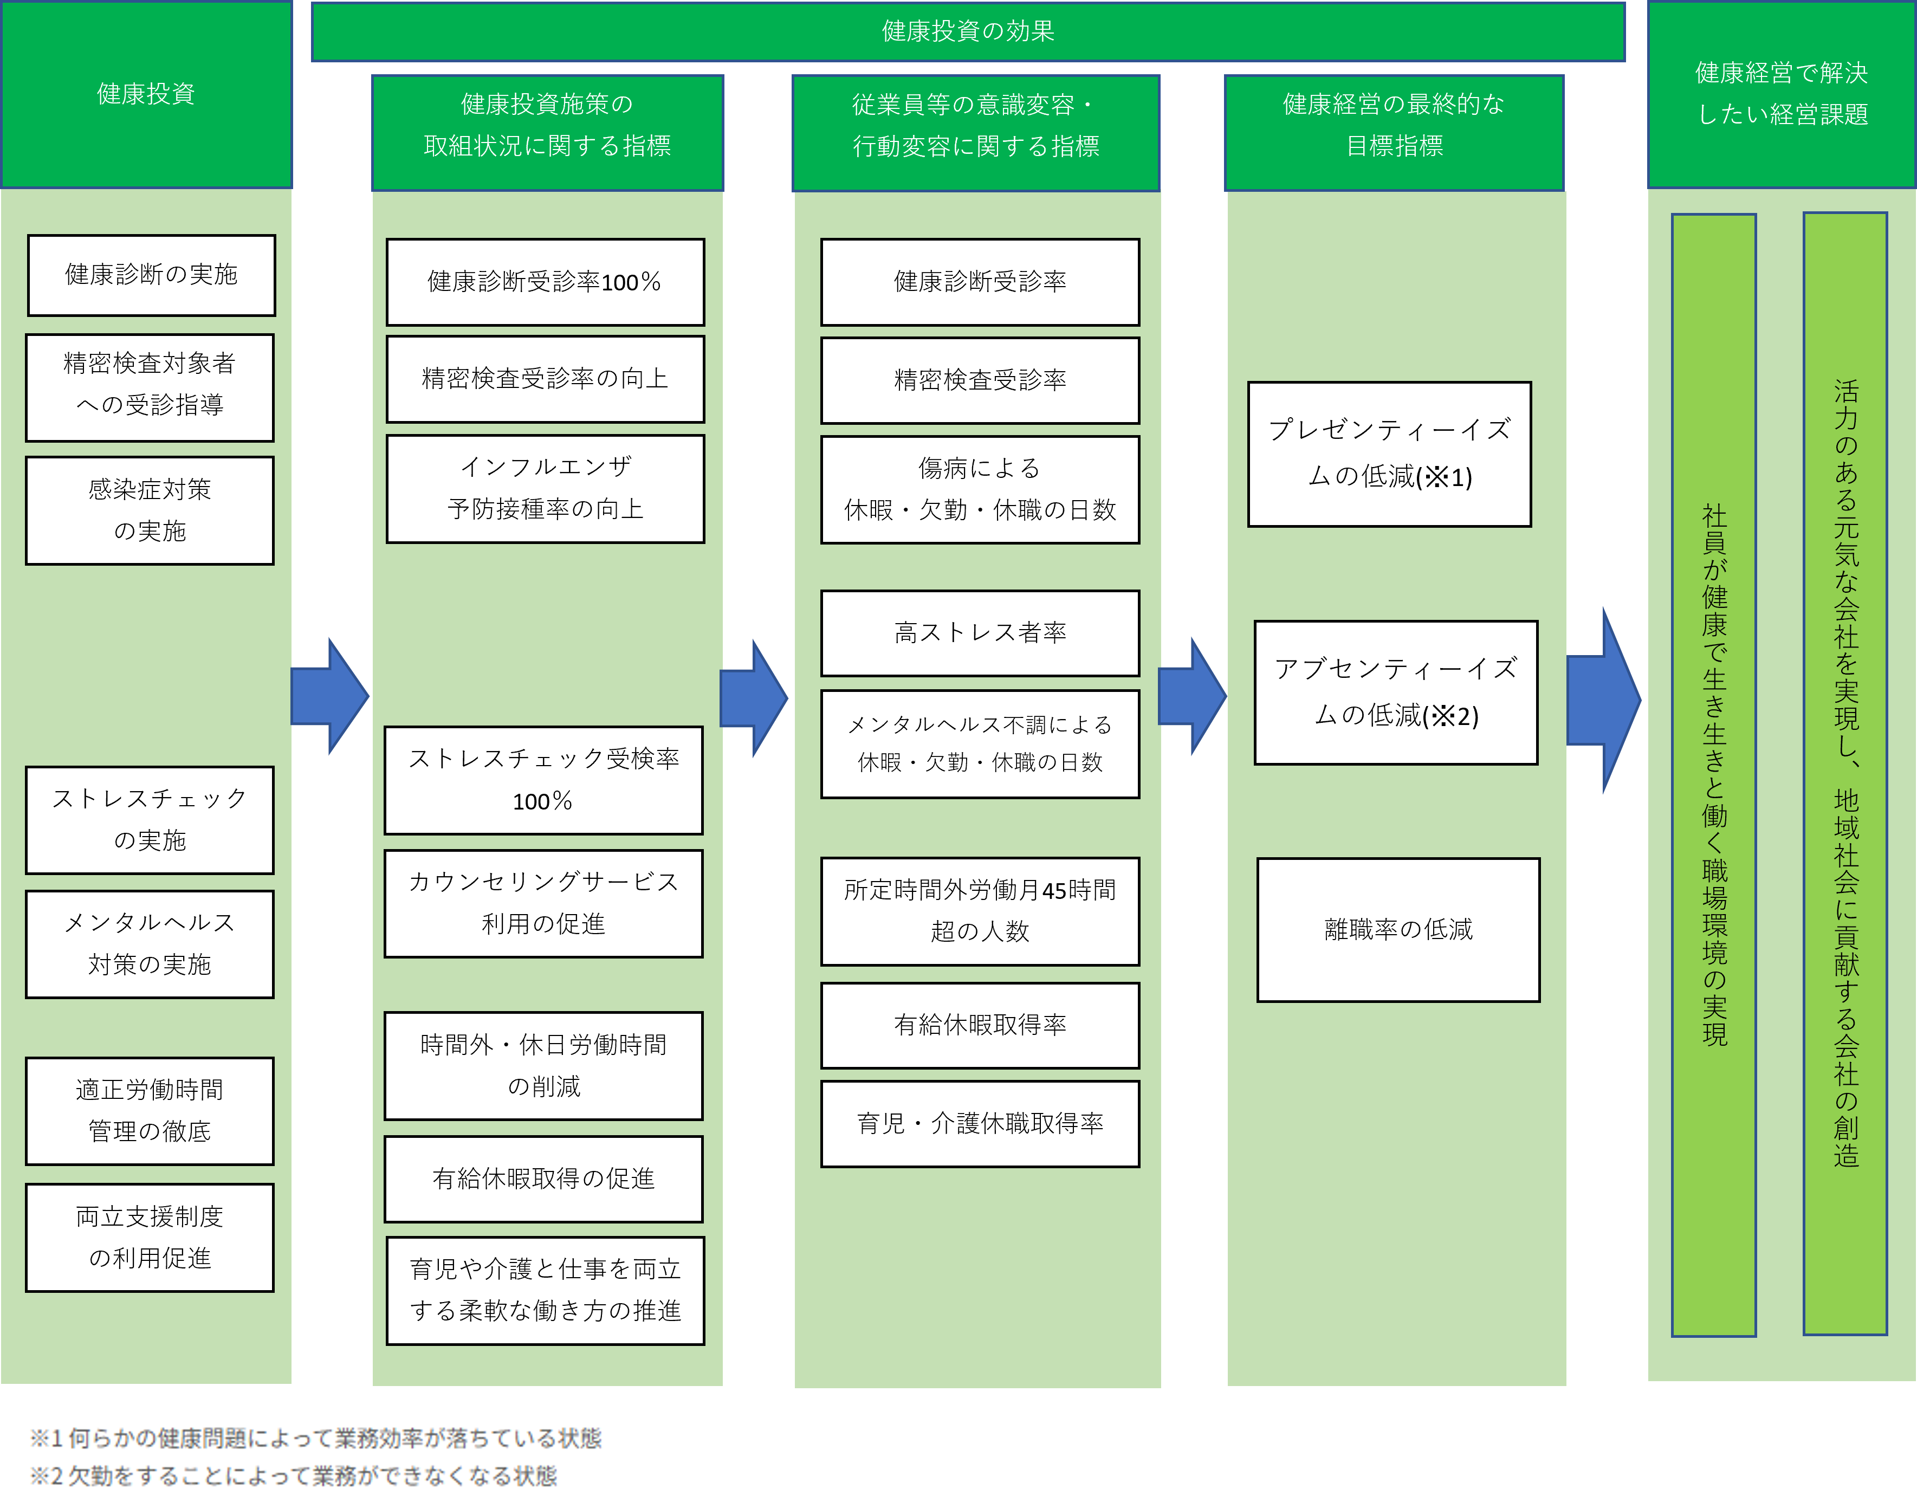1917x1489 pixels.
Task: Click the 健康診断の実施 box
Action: (151, 275)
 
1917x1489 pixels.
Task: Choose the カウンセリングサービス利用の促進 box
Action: (543, 903)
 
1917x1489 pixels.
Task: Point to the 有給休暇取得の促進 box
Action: (543, 1178)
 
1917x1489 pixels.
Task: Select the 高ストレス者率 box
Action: (980, 632)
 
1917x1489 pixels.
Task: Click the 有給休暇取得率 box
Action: (980, 1025)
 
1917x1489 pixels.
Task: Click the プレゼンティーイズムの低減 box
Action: (1389, 454)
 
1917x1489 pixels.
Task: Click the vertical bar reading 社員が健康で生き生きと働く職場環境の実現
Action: (1713, 774)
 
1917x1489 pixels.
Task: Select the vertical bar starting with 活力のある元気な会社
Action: (1844, 773)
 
